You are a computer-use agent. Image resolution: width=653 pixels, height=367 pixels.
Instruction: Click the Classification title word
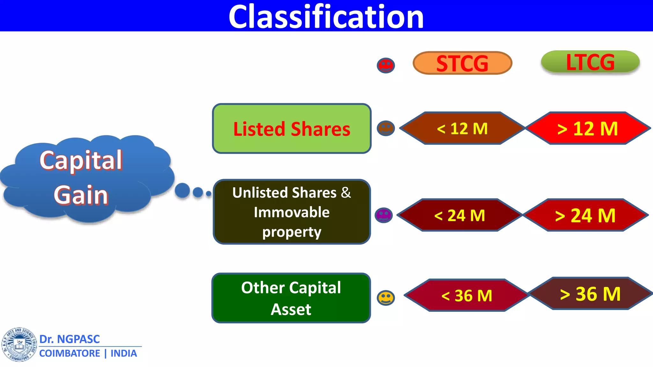click(x=326, y=17)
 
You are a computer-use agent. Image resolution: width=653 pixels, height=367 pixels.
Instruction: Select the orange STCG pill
click(x=462, y=63)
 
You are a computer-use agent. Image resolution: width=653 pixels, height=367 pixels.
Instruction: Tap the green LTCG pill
click(x=590, y=62)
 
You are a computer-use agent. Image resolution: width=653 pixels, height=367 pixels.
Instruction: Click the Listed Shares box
click(x=292, y=129)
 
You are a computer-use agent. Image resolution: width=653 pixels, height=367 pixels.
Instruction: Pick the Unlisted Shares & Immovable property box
click(x=292, y=212)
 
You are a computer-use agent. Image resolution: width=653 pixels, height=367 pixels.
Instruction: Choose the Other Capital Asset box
click(x=291, y=298)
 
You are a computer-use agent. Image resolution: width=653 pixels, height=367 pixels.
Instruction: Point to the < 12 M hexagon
click(x=462, y=128)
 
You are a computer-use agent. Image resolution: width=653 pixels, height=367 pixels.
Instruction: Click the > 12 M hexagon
click(x=588, y=128)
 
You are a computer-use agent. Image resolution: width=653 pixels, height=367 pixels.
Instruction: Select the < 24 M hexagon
click(x=459, y=215)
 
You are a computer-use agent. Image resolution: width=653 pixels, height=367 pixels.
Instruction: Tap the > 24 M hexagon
click(x=585, y=215)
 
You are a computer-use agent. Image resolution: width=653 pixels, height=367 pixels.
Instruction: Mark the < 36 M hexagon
click(x=467, y=295)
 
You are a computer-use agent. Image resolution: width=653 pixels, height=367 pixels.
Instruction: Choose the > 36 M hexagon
click(x=590, y=293)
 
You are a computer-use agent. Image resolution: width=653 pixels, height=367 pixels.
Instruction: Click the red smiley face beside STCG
click(x=386, y=66)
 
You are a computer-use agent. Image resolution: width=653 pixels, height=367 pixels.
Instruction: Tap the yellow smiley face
click(x=386, y=298)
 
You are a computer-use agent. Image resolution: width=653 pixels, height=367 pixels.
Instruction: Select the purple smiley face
click(x=384, y=215)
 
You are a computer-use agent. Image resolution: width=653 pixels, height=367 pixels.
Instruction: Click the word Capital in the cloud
click(x=81, y=160)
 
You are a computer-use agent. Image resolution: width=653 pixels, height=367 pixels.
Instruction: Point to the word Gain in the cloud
click(x=81, y=195)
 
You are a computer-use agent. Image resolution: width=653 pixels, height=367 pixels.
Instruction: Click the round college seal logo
click(x=19, y=344)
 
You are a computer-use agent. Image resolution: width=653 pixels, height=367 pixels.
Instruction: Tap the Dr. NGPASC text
click(x=70, y=339)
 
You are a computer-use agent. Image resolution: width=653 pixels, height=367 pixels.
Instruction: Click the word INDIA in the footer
click(x=124, y=353)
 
